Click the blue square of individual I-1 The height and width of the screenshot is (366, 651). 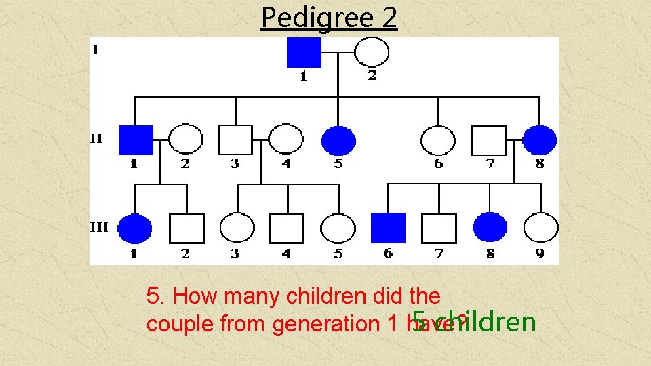tap(304, 52)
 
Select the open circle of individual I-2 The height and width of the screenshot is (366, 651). tap(372, 52)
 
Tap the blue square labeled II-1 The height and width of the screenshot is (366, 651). tap(136, 140)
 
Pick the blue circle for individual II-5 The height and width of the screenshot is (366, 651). tap(338, 140)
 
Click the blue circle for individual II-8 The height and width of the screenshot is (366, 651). tap(540, 140)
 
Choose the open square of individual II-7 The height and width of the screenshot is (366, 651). tap(489, 140)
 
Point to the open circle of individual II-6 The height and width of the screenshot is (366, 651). tap(438, 140)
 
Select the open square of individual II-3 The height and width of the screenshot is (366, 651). tap(235, 140)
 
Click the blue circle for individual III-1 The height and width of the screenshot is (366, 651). tap(135, 228)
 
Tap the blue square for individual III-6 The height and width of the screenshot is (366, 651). tap(388, 228)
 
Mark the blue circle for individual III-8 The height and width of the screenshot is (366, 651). tap(490, 228)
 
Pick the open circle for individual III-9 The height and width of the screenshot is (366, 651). tap(541, 228)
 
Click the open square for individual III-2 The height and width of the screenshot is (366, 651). tap(186, 228)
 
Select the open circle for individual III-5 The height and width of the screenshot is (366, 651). tap(338, 228)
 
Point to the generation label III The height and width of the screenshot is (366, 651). tap(100, 227)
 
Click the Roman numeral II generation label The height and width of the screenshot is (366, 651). tap(96, 139)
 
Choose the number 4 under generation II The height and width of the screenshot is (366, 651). tap(285, 163)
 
